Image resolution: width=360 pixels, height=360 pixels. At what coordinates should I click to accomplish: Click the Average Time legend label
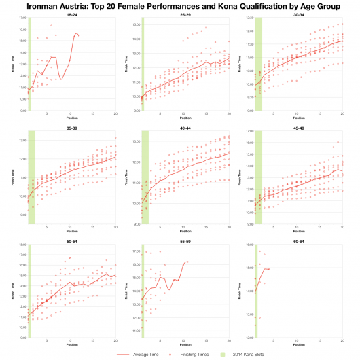[139, 354]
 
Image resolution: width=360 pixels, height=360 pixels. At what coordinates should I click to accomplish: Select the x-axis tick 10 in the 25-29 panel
[184, 113]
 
